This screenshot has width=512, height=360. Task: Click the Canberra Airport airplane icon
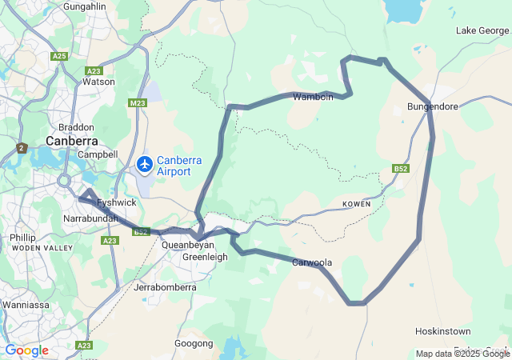pyautogui.click(x=145, y=164)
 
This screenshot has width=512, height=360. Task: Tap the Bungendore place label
pyautogui.click(x=432, y=106)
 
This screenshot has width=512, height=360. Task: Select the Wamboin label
pyautogui.click(x=313, y=98)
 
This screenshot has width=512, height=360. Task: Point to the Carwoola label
pyautogui.click(x=311, y=262)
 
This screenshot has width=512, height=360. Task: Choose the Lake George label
pyautogui.click(x=482, y=30)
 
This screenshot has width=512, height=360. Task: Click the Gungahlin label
pyautogui.click(x=84, y=7)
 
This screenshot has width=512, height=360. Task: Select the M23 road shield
pyautogui.click(x=137, y=103)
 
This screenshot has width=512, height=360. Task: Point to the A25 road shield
pyautogui.click(x=59, y=56)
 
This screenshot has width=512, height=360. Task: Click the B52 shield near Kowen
pyautogui.click(x=401, y=169)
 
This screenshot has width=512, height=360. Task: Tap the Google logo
pyautogui.click(x=26, y=350)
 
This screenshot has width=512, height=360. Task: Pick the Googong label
pyautogui.click(x=194, y=343)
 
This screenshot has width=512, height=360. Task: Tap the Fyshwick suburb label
pyautogui.click(x=101, y=203)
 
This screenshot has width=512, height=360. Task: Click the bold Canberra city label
pyautogui.click(x=71, y=141)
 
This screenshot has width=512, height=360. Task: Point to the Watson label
pyautogui.click(x=99, y=81)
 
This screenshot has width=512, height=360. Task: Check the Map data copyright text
pyautogui.click(x=462, y=354)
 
